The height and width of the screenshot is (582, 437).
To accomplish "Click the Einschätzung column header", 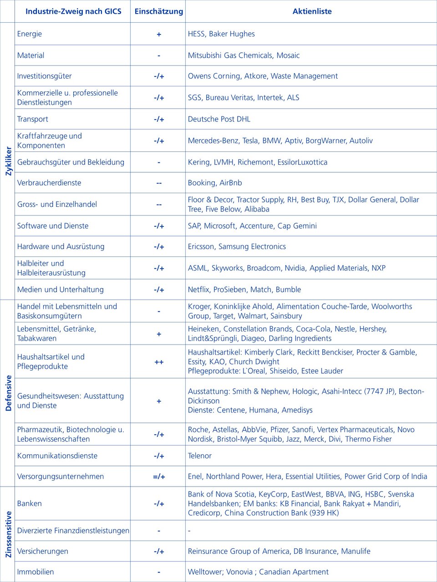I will pos(158,11).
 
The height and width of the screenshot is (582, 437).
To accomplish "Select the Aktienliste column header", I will pos(312,11).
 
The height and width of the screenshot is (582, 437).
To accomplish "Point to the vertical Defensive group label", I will pos(8,393).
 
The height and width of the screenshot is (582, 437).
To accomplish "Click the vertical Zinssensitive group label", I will pos(8,534).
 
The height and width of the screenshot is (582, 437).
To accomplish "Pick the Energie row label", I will pos(30,34).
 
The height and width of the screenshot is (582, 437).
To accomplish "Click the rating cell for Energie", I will pos(158,34).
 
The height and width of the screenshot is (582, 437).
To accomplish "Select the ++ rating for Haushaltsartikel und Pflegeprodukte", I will pos(158,362).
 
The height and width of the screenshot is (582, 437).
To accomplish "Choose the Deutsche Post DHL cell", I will pos(219,119).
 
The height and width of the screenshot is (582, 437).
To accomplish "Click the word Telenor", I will pos(200,456).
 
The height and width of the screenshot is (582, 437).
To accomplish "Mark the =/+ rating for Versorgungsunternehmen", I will pos(158,477).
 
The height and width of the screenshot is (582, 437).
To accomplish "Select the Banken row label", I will pos(30,503).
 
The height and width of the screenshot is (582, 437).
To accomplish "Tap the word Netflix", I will pos(198,290).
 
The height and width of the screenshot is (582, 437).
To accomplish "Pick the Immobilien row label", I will pos(36,572).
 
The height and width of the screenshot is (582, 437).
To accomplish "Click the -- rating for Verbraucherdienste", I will pos(158,183).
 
